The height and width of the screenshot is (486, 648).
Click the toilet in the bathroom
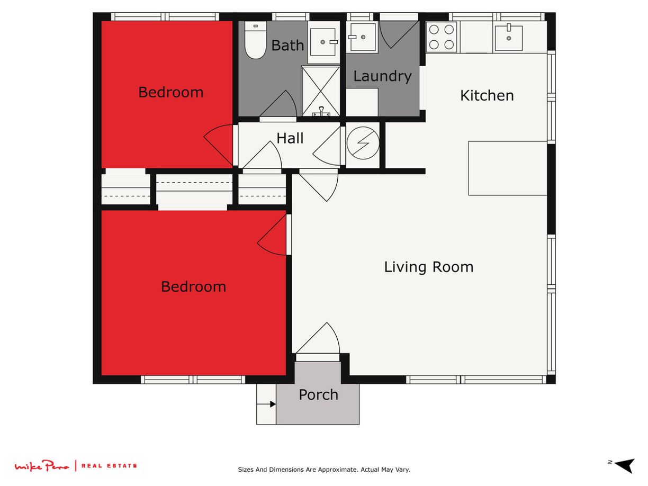point(255,40)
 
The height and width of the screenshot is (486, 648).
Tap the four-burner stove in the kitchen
point(441,37)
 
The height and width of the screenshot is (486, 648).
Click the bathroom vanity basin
point(323,42)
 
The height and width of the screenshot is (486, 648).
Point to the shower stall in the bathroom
point(321,91)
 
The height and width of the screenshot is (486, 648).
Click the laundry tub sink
point(362,37)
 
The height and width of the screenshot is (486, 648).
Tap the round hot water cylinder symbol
point(363,143)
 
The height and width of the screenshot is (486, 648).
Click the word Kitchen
point(487,96)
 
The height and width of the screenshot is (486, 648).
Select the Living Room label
point(429,267)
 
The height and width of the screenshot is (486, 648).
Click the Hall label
point(290,138)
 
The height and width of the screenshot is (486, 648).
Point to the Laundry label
point(383,77)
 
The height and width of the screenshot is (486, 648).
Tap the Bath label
point(287,46)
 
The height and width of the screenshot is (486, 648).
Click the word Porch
point(319,395)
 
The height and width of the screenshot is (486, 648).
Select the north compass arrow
point(624,466)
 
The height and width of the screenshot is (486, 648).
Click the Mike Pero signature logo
point(42,466)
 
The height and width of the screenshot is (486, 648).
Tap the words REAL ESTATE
point(109,466)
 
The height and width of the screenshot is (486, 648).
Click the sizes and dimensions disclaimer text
point(324,470)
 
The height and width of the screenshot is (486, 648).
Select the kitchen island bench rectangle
point(508,168)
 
